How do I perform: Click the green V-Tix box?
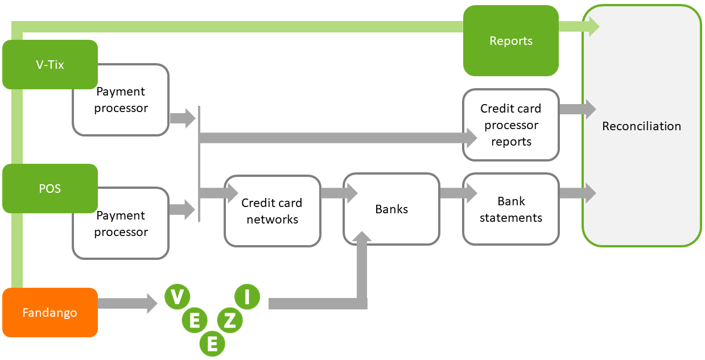point(50,64)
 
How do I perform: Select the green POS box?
point(50,188)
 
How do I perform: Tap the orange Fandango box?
point(50,312)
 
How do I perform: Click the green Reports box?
point(510,41)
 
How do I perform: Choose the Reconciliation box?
point(641,126)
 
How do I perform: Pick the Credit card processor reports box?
point(510,125)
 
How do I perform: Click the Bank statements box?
point(510,209)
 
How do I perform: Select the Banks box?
point(391,209)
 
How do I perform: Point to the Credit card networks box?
point(272,211)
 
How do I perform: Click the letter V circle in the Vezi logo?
point(177,296)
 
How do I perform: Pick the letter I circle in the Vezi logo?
point(246,296)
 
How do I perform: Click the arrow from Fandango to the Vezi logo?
point(127,303)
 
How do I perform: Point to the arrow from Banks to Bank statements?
point(457,193)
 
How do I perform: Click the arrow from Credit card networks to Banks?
point(338,193)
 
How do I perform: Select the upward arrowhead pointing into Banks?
point(361,237)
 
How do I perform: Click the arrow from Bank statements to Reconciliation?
point(577,193)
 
